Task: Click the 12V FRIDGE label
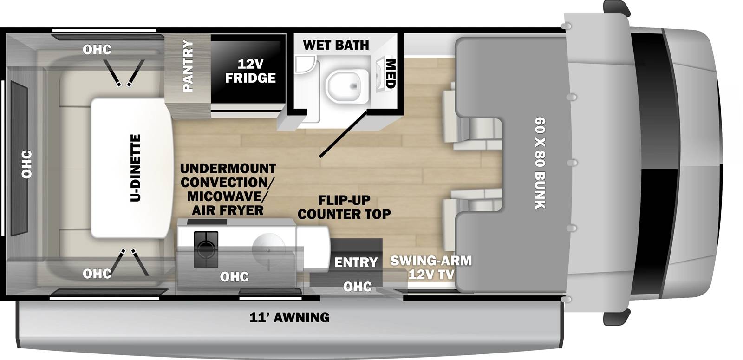[x=250, y=71]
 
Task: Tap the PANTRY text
[x=188, y=65]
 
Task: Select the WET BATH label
[x=336, y=45]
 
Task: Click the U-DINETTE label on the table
[x=135, y=168]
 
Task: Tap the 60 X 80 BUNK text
[x=539, y=163]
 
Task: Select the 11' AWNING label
[x=289, y=317]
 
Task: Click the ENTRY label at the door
[x=356, y=262]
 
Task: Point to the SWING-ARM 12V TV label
[x=431, y=267]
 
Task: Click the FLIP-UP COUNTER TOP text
[x=344, y=207]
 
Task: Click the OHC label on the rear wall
[x=26, y=164]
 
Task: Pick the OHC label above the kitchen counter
[x=234, y=277]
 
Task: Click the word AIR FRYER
[x=228, y=210]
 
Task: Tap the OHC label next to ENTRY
[x=357, y=287]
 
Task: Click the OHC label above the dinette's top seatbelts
[x=97, y=49]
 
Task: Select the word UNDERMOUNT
[x=228, y=168]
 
